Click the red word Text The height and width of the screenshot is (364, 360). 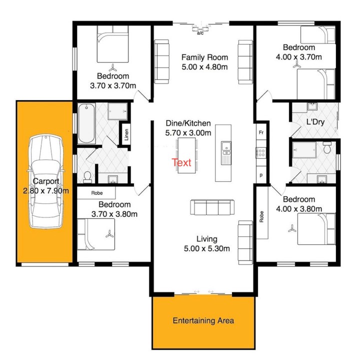click(181, 162)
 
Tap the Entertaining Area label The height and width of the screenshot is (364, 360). click(203, 320)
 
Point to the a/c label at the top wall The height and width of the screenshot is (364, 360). click(200, 34)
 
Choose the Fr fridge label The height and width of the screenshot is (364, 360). click(261, 133)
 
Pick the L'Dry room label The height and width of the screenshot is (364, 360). click(315, 122)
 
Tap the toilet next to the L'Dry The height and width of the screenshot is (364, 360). click(327, 148)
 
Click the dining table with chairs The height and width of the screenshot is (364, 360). click(187, 155)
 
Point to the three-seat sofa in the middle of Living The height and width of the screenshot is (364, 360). click(212, 207)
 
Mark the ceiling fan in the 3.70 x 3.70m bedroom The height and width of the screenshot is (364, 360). click(113, 67)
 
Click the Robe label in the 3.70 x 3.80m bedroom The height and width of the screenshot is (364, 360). click(96, 192)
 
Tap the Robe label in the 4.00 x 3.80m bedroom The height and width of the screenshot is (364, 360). click(261, 216)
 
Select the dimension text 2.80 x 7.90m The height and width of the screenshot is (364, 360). click(45, 191)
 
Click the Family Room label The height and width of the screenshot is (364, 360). click(204, 57)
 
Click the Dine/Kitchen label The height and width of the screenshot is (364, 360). click(188, 123)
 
